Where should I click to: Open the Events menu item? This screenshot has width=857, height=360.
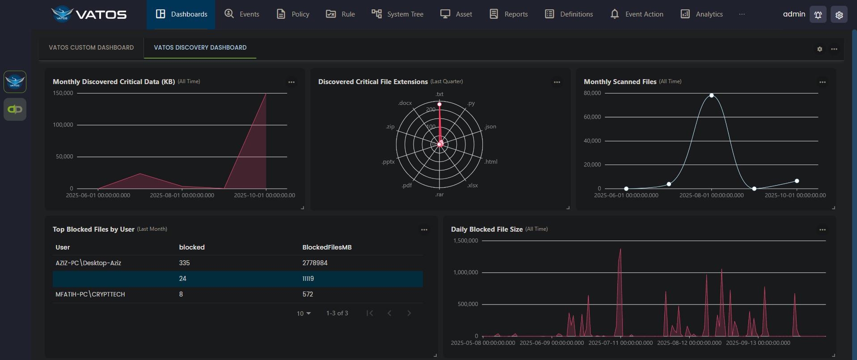242,14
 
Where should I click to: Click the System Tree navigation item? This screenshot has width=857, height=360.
397,14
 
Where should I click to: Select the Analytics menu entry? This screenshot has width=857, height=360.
701,14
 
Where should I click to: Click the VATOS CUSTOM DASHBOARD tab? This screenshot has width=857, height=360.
91,47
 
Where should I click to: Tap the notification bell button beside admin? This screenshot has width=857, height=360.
818,15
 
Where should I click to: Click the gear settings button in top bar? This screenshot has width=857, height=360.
839,15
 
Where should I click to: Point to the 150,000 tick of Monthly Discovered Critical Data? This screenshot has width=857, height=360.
63,93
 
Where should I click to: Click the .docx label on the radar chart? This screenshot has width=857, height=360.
405,103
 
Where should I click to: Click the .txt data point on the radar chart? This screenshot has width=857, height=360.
439,104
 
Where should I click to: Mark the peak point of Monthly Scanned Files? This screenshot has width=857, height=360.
711,95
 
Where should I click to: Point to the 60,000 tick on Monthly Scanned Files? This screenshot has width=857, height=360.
592,117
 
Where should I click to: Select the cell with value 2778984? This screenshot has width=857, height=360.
315,263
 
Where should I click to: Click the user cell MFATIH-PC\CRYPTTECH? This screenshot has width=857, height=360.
90,294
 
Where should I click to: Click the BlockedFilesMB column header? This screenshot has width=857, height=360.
327,247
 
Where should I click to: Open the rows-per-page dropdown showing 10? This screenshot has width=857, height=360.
304,313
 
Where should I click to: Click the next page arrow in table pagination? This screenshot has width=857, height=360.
409,313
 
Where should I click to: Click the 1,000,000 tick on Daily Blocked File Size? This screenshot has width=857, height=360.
465,272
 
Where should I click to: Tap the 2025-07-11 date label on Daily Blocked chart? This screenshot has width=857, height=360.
621,343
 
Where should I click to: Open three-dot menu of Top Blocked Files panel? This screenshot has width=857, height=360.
424,230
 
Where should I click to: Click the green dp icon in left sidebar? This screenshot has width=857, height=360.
15,109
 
